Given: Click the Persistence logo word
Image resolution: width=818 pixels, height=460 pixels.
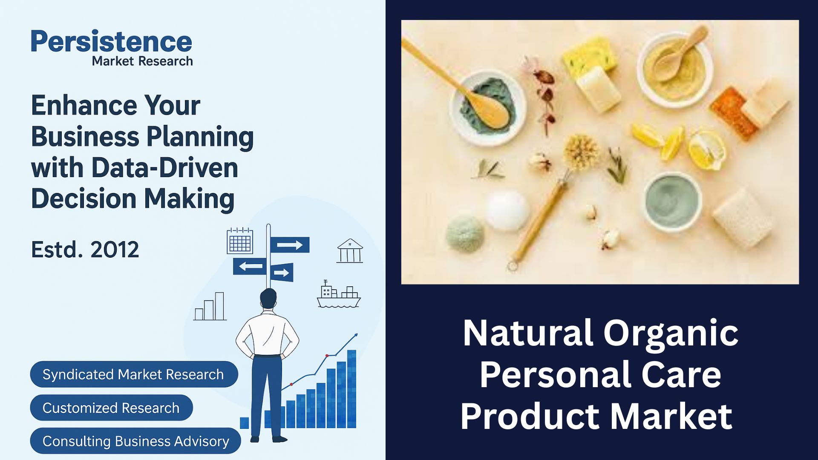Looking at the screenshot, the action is (111, 41).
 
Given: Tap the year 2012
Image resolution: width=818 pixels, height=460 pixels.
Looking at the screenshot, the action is (115, 250).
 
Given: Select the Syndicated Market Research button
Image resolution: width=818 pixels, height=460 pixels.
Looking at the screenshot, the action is (134, 374).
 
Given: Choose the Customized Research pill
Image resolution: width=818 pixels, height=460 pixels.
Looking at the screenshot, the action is (111, 408).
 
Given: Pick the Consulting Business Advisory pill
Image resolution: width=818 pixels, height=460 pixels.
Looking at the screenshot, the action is (135, 441).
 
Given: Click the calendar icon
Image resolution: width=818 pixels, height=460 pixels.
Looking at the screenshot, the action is (240, 241).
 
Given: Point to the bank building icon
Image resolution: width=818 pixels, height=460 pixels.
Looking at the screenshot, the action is (350, 250).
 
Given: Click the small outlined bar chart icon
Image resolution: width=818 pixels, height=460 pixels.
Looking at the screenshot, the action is (210, 306).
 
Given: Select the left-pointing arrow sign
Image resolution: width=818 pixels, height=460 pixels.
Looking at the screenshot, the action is (250, 267).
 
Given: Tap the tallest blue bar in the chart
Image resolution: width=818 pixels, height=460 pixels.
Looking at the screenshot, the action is (351, 389).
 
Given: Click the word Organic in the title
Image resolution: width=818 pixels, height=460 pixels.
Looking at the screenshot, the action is (671, 333).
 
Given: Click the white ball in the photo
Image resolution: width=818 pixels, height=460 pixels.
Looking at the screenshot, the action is (507, 210).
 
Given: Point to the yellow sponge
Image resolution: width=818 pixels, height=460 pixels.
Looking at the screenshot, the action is (590, 56).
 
